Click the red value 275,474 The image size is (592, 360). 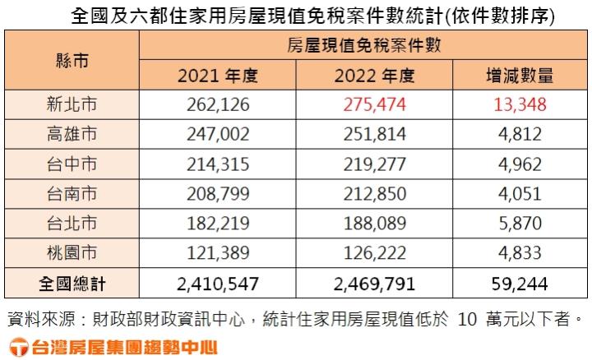point(374,104)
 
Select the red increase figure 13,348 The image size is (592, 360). point(519,104)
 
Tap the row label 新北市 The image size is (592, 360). point(72,104)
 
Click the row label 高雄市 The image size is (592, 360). point(72,134)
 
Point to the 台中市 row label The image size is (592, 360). point(72,164)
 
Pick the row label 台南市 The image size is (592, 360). point(72,194)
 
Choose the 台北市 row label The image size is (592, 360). point(72,224)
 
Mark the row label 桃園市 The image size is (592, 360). point(72,253)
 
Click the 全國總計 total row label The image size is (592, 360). point(72,284)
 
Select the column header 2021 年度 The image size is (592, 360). point(218,76)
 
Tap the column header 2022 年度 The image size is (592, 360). point(374,76)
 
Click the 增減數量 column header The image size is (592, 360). point(519,76)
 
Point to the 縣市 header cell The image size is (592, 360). point(72,62)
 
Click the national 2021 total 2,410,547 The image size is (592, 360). point(218,284)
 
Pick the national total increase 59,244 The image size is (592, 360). point(519,284)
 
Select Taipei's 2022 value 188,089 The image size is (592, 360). point(374,224)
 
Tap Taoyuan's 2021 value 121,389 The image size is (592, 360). point(218,253)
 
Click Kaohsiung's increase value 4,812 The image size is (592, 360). point(519,134)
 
